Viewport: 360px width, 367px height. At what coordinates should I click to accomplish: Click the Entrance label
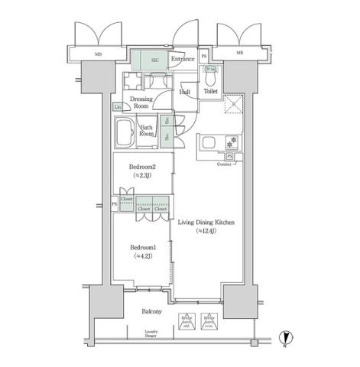click(x=181, y=59)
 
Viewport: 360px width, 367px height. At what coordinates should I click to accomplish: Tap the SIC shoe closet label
click(x=154, y=60)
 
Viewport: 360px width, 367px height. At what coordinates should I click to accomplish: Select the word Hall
click(x=185, y=93)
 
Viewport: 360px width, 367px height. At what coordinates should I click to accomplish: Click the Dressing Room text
click(x=142, y=102)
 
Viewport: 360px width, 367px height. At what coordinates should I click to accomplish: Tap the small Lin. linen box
click(x=119, y=108)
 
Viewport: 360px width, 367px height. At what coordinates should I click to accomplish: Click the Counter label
click(x=225, y=164)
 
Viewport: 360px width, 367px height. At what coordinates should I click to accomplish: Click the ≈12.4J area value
click(x=206, y=230)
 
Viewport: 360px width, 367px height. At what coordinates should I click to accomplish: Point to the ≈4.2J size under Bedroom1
click(x=142, y=255)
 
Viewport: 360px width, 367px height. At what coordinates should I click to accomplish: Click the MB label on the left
click(x=99, y=54)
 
